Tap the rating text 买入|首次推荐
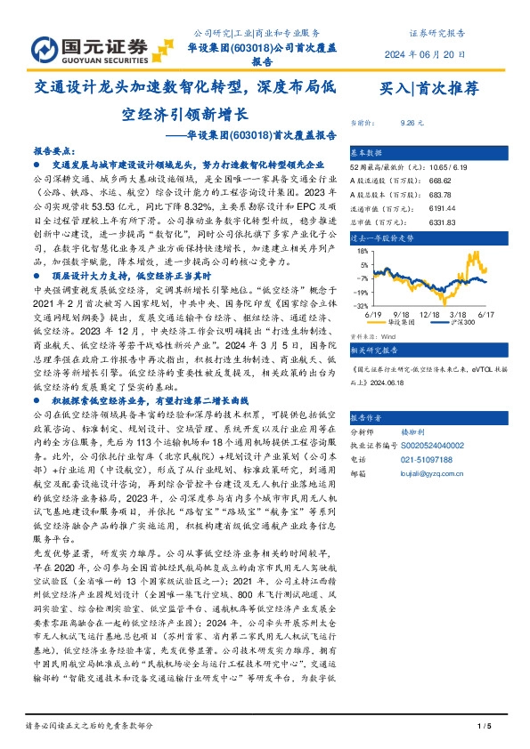(x=429, y=87)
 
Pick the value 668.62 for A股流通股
(x=416, y=181)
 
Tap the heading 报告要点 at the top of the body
(x=54, y=152)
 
